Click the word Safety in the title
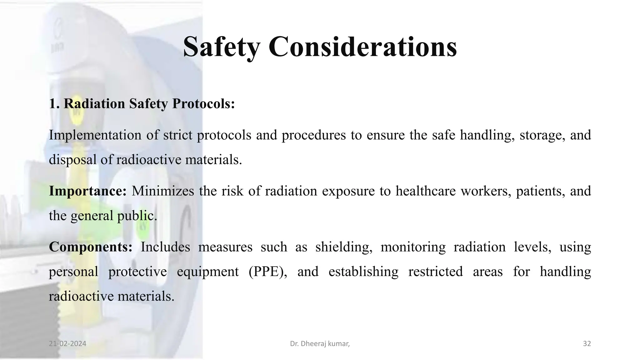click(x=221, y=47)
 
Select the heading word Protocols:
click(x=203, y=103)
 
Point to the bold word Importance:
click(x=87, y=191)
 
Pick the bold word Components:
click(x=91, y=247)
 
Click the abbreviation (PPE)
click(x=268, y=272)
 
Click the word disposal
click(x=72, y=160)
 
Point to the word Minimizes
click(x=163, y=191)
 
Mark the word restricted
click(x=435, y=272)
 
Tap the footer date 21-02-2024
click(x=67, y=344)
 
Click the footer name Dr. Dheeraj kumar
click(x=319, y=344)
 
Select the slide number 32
click(x=587, y=344)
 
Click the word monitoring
click(x=413, y=247)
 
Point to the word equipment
click(x=208, y=272)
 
